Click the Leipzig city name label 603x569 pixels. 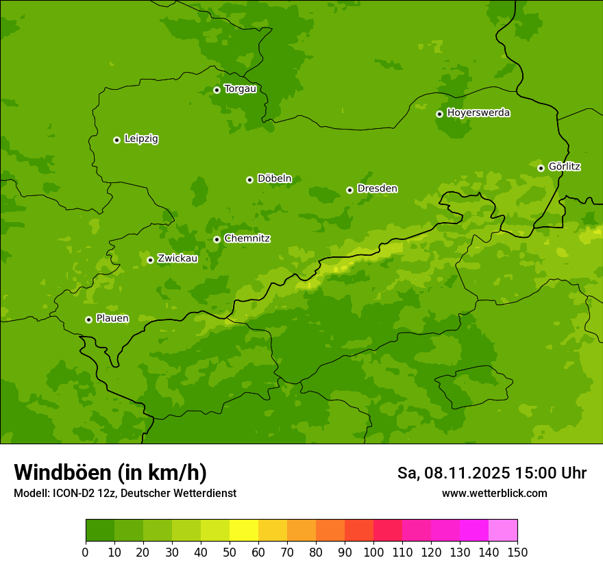[141, 139]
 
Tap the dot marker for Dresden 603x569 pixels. [349, 190]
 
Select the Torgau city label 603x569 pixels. [240, 89]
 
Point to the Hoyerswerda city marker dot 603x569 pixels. [439, 114]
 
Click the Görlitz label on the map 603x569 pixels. [565, 167]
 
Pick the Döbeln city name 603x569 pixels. [274, 179]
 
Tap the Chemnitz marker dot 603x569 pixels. [217, 239]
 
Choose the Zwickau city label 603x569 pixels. [177, 258]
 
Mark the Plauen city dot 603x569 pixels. [88, 319]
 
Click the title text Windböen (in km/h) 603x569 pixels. [110, 472]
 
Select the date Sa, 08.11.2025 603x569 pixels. [453, 473]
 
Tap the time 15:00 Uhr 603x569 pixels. [550, 473]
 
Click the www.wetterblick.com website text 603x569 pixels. [494, 493]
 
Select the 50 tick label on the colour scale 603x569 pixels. [230, 552]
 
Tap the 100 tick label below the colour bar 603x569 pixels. [373, 552]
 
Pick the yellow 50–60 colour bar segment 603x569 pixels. [244, 531]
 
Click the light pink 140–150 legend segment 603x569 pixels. [503, 531]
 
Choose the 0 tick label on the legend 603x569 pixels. [86, 552]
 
